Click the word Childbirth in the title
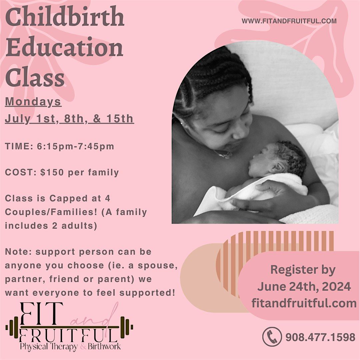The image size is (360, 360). (65, 19)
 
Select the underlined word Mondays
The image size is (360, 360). (33, 102)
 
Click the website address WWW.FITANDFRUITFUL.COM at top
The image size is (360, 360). (289, 21)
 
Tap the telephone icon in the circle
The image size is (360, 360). (272, 337)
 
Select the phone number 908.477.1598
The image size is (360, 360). (320, 337)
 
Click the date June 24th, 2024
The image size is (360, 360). (304, 286)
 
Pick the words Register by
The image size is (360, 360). (303, 270)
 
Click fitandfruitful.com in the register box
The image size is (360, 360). (304, 303)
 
